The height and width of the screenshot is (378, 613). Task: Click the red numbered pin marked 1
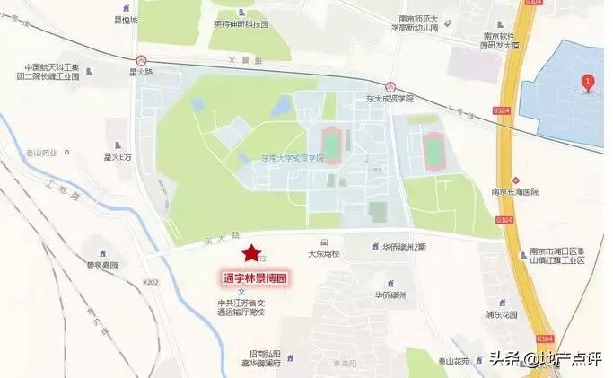(x=587, y=82)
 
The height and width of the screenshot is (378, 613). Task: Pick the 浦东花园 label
(x=500, y=314)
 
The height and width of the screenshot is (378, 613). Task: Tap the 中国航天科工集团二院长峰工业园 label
(x=51, y=72)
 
